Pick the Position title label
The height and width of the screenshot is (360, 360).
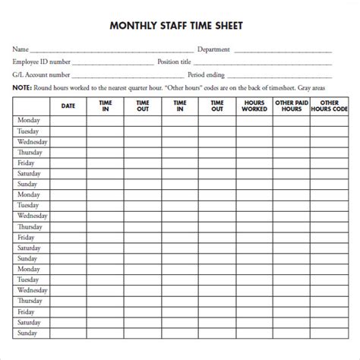click(x=175, y=62)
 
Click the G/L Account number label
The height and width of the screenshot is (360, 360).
click(x=41, y=74)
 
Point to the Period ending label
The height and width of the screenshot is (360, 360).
click(x=208, y=74)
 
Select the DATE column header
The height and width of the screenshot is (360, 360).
click(x=68, y=106)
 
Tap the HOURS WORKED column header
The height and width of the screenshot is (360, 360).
click(x=254, y=106)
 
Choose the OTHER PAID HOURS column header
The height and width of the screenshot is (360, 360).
click(x=291, y=106)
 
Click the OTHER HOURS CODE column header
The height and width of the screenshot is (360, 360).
click(x=328, y=106)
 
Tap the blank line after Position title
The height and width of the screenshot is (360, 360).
click(x=266, y=65)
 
